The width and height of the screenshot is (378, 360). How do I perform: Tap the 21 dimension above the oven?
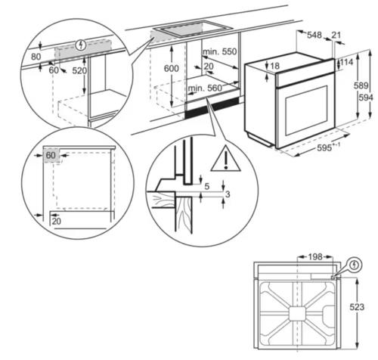(336, 34)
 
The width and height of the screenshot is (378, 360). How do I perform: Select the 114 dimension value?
(349, 61)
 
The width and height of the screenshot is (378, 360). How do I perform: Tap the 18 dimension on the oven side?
(274, 67)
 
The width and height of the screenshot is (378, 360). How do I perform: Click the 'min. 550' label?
(221, 51)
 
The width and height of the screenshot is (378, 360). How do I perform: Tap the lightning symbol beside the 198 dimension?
(355, 266)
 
